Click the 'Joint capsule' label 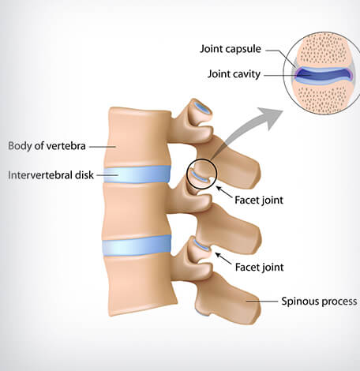tap(231, 49)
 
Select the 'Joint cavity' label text tap(234, 74)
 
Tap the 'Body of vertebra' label tap(47, 146)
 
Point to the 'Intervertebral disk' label tap(51, 175)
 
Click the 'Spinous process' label tap(319, 302)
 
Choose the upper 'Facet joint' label tap(259, 200)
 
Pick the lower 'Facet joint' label tap(259, 268)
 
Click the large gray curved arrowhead tap(270, 118)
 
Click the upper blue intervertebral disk tap(137, 174)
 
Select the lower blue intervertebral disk tap(137, 245)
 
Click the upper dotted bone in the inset tap(323, 50)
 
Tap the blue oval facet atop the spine tap(203, 107)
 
